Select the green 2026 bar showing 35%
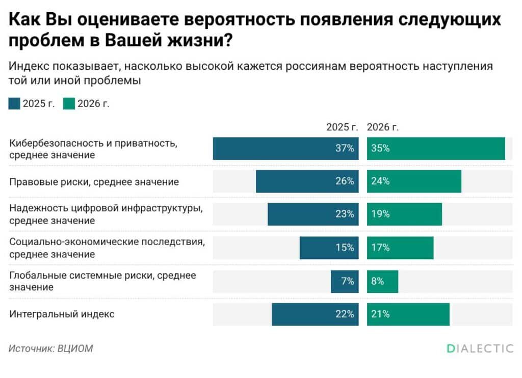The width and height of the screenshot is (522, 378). click(436, 149)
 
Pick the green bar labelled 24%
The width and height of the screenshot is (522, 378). click(414, 181)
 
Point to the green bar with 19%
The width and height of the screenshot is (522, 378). click(404, 214)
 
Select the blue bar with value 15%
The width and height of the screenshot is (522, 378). click(329, 248)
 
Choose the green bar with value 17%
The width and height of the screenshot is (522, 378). click(400, 248)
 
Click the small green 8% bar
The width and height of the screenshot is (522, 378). click(382, 281)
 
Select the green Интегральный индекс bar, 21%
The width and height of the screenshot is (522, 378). click(408, 314)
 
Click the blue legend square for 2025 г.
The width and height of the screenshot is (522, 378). click(15, 103)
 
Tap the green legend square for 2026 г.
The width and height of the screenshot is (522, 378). click(69, 103)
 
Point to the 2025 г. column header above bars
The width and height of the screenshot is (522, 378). click(342, 127)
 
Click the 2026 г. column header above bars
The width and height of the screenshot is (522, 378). click(383, 127)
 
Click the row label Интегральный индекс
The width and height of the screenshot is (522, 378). click(62, 314)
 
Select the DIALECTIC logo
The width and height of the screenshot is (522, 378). click(480, 348)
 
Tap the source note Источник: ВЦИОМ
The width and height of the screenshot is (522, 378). click(51, 349)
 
